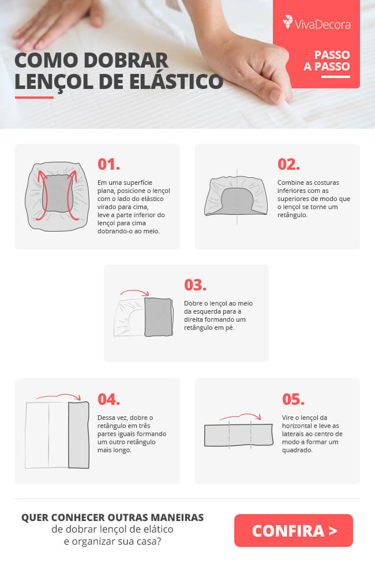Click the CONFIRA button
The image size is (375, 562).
293,530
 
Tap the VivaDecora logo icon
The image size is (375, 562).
288,22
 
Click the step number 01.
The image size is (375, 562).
108,165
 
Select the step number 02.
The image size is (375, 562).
288,165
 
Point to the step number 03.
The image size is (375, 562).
195,285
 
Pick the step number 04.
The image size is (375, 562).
108,399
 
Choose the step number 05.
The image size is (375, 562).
293,399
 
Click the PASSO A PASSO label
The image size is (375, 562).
327,61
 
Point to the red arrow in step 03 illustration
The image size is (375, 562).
134,292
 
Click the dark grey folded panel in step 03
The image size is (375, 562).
158,317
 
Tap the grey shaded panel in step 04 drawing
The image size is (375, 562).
78,435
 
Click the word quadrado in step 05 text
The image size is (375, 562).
297,450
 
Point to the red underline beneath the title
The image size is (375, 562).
34,97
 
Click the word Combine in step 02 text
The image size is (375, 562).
290,183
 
